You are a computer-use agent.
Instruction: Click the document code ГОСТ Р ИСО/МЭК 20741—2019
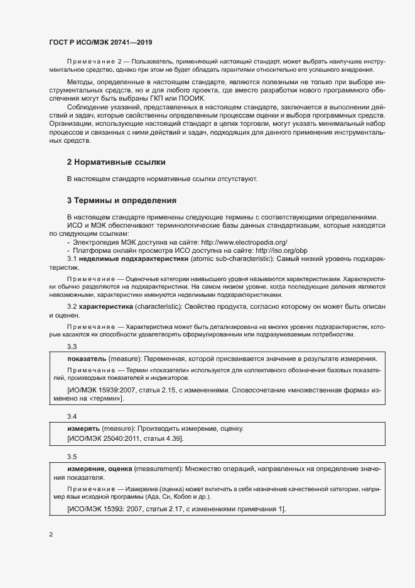point(100,42)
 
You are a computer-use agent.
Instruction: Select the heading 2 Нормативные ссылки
point(112,162)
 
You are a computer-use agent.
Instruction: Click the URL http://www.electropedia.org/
point(244,241)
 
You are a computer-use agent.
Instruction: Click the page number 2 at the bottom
point(51,535)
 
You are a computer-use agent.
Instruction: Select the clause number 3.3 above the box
point(72,347)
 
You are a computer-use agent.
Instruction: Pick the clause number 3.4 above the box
point(72,416)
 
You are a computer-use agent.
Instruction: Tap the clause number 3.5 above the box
point(72,457)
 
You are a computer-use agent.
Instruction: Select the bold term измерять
point(84,428)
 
